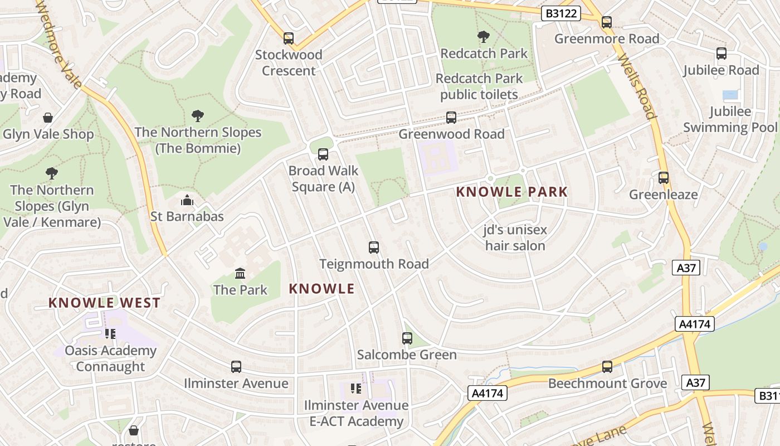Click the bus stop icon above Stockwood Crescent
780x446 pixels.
click(289, 38)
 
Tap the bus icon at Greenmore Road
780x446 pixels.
click(607, 22)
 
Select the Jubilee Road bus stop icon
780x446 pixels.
click(721, 54)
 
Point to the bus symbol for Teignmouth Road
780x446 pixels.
click(374, 248)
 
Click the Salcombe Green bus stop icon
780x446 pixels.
click(407, 338)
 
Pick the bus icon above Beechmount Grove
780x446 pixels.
click(607, 367)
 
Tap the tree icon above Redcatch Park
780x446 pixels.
click(484, 37)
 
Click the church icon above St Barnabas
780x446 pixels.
click(187, 200)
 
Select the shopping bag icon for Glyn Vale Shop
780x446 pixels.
click(48, 118)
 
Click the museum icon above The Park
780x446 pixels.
click(240, 274)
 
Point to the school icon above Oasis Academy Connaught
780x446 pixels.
click(110, 334)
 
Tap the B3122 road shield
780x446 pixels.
click(561, 14)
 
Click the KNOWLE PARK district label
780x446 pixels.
click(511, 192)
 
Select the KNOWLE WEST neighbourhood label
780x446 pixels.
click(104, 303)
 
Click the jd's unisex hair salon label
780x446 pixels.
click(515, 237)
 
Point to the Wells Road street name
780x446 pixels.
click(638, 86)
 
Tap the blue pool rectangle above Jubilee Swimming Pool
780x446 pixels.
click(730, 95)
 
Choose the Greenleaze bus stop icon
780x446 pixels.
click(664, 178)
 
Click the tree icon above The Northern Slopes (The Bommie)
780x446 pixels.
click(197, 116)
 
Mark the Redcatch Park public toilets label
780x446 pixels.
click(479, 86)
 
